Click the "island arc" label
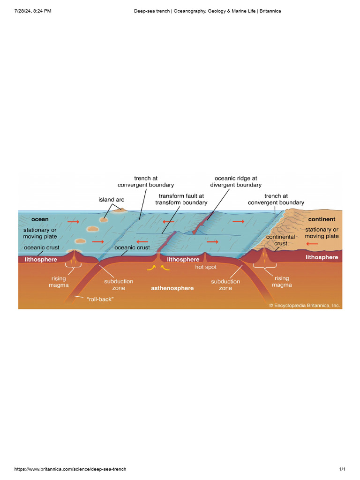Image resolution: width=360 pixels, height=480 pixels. point(111,200)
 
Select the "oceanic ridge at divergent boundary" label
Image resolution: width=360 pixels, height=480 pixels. point(236,181)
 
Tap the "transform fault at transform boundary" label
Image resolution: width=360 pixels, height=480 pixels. point(181,199)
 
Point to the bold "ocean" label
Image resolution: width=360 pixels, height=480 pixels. point(40,219)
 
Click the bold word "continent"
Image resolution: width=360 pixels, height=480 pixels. point(322,219)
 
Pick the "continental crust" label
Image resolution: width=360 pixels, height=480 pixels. point(280,240)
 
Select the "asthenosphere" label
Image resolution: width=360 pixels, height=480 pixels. point(172,288)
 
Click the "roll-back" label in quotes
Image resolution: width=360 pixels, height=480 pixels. point(100,298)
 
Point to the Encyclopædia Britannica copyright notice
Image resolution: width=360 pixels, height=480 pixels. point(305,305)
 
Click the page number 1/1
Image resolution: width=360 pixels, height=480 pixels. point(342,469)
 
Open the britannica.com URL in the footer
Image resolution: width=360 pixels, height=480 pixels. point(70,469)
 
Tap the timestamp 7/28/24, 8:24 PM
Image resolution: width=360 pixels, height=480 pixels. point(33,10)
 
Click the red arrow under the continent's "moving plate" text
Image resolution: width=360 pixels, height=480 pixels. point(311,243)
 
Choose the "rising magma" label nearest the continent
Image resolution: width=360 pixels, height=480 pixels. point(282,281)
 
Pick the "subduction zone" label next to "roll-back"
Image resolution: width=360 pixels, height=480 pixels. point(119,285)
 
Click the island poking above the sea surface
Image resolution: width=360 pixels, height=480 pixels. point(119,210)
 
